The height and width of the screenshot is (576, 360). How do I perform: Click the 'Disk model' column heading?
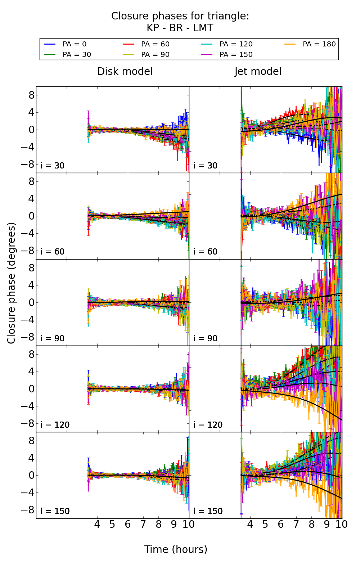point(125,71)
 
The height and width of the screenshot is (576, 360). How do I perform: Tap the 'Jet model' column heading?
point(258,71)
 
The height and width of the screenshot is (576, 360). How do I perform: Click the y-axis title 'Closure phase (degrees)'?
point(12,283)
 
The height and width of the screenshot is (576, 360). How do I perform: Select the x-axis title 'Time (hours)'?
point(176,549)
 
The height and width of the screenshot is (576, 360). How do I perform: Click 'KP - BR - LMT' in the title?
point(180,28)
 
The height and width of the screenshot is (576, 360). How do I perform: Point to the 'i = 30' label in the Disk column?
point(53,166)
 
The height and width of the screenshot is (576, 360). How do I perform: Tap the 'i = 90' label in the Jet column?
point(206,338)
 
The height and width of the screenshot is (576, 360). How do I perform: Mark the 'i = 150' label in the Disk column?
point(55,511)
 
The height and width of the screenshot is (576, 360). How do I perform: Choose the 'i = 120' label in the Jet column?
point(208,425)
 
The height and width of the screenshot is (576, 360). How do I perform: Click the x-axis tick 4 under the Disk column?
point(97,524)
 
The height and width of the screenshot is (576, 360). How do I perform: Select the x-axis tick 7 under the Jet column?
point(296,524)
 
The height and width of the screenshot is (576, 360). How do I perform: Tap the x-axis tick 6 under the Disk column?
point(127,524)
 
